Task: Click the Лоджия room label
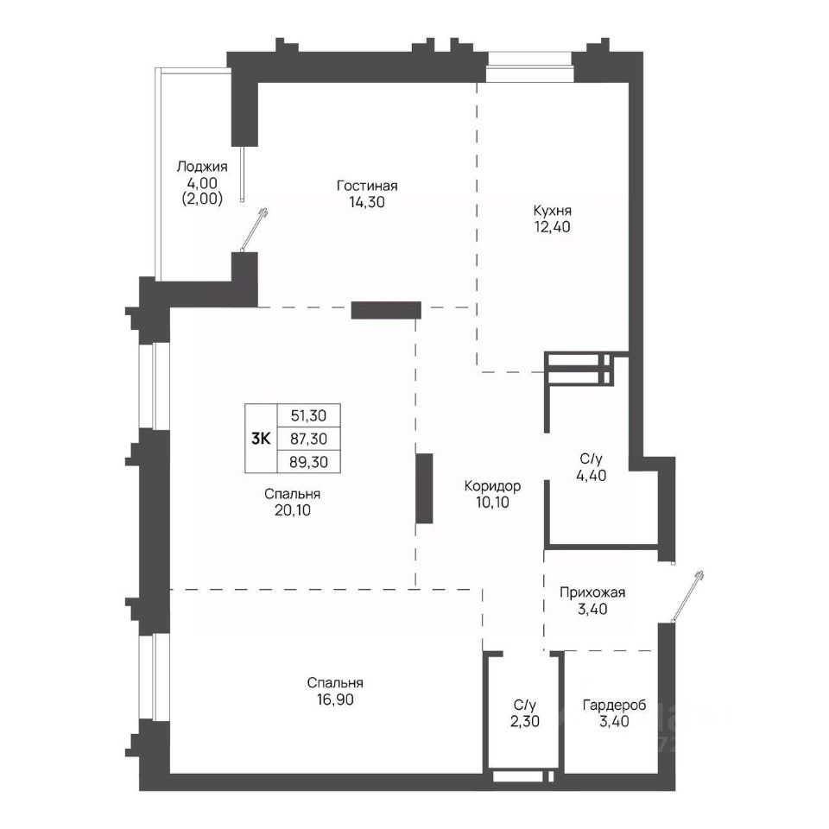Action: coord(202,167)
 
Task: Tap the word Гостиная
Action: coord(367,187)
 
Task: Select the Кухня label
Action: coord(552,211)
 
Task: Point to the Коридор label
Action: coord(492,486)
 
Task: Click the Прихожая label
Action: coord(592,592)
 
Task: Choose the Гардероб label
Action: coord(614,706)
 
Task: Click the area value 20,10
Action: coord(293,510)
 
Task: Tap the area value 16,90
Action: coord(335,699)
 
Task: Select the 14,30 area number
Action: coord(367,202)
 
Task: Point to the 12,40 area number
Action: coord(553,227)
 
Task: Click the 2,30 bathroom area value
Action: coord(525,721)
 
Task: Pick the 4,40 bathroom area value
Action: coord(591,475)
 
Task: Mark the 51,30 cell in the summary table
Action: coord(309,415)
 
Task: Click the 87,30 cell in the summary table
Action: coord(309,439)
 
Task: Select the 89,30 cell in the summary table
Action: coord(309,462)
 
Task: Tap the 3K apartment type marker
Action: coord(261,439)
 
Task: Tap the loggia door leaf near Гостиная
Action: coord(254,230)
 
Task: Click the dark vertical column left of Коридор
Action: coord(424,489)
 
